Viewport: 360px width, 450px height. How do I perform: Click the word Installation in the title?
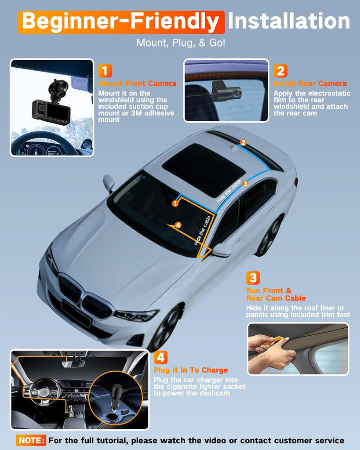point(289,21)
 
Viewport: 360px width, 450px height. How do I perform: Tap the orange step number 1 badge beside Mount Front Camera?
point(105,71)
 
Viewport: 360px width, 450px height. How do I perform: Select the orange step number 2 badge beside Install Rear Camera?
point(280,71)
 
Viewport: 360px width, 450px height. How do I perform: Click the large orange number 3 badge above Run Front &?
point(253,278)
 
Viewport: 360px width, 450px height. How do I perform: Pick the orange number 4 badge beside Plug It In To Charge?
point(160,358)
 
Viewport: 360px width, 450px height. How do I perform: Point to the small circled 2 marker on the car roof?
point(243,143)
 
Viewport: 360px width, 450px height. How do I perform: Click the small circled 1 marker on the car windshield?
point(175,203)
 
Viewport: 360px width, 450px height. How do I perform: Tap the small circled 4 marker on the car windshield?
point(178,225)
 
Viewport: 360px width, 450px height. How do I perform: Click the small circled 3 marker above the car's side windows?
point(245,184)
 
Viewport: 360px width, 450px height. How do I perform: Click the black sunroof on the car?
point(204,167)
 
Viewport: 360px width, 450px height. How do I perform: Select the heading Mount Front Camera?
point(138,83)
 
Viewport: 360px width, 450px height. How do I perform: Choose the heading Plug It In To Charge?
point(191,370)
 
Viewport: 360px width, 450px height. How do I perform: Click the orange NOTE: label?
point(31,440)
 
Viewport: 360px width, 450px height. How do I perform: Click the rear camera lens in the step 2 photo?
point(236,93)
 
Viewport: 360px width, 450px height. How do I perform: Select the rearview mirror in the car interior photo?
point(73,363)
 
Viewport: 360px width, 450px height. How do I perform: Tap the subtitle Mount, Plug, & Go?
point(181,43)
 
